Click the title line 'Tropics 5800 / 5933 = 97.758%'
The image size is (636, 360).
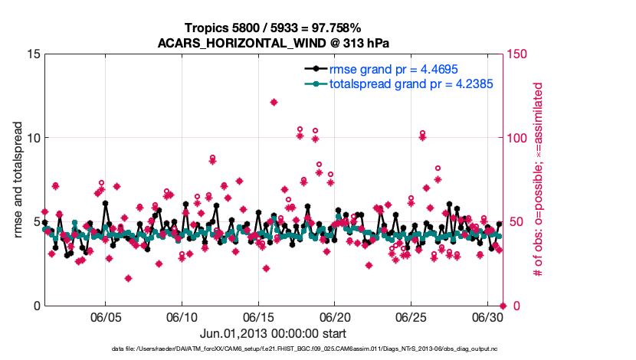(x=274, y=28)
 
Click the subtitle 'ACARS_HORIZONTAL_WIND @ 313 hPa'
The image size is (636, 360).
(x=274, y=42)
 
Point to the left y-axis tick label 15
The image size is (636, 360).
(x=33, y=54)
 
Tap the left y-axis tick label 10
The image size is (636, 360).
(x=33, y=138)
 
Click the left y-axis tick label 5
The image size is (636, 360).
(x=36, y=222)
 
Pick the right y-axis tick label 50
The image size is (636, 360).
(x=516, y=222)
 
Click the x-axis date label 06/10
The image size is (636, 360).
(x=182, y=317)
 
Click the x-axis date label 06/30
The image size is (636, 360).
(x=487, y=317)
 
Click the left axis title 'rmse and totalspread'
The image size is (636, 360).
(x=18, y=180)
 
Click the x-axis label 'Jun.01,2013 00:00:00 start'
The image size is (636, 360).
(x=274, y=333)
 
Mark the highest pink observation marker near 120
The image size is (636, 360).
(x=274, y=102)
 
